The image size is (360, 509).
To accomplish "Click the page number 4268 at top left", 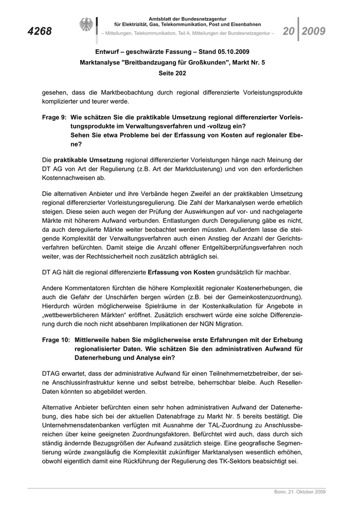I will (x=40, y=32).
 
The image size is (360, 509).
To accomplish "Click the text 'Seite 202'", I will (x=172, y=73).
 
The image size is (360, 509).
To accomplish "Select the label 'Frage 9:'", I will (x=56, y=118).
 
